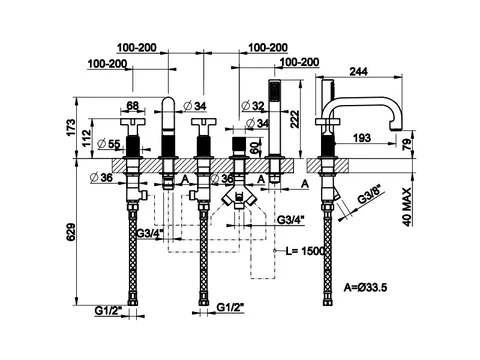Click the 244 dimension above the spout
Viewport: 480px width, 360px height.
click(358, 71)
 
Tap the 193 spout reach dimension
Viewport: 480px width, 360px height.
click(361, 138)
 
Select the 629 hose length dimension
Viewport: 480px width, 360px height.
click(70, 232)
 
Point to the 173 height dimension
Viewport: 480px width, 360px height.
click(71, 128)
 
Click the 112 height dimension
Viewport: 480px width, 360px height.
click(86, 139)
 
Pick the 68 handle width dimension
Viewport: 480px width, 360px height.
click(133, 106)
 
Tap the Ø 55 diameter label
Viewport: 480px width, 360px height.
click(109, 144)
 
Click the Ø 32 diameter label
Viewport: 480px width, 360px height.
click(253, 106)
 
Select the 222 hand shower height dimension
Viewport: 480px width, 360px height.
click(295, 119)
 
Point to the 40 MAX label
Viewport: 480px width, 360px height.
click(407, 207)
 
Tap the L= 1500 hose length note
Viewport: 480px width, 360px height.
click(306, 251)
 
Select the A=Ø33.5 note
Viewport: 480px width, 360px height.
click(365, 287)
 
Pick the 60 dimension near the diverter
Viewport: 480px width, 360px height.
click(254, 146)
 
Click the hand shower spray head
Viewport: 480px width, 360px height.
click(274, 90)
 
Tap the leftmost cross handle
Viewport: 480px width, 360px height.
click(133, 122)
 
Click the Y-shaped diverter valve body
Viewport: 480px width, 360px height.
click(238, 196)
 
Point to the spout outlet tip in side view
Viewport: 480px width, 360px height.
click(397, 129)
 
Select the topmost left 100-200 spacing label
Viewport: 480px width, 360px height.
click(136, 48)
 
